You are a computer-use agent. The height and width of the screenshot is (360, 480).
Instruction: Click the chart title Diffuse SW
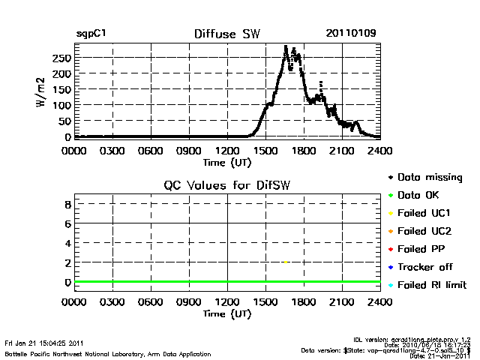pyautogui.click(x=227, y=34)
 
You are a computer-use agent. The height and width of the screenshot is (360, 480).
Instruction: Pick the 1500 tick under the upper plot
pyautogui.click(x=265, y=150)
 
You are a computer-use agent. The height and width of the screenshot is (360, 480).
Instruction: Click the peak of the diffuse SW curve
pyautogui.click(x=286, y=47)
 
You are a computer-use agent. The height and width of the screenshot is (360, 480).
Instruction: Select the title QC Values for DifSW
pyautogui.click(x=227, y=187)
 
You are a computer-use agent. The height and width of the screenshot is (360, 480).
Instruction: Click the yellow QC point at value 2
pyautogui.click(x=286, y=262)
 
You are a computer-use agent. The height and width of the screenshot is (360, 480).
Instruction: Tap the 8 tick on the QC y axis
pyautogui.click(x=67, y=204)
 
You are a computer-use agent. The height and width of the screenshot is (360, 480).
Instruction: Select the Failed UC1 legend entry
pyautogui.click(x=426, y=213)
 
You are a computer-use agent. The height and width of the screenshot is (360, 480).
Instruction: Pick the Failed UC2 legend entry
pyautogui.click(x=426, y=231)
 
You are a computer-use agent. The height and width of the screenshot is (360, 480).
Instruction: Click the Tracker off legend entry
pyautogui.click(x=426, y=267)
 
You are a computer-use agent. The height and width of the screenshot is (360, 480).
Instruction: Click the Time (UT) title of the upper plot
pyautogui.click(x=226, y=161)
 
